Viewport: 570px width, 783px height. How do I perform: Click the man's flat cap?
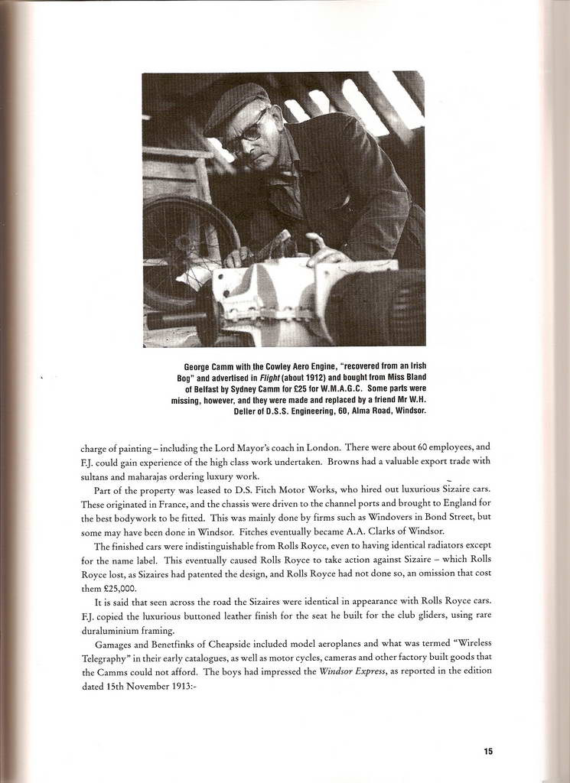point(237,105)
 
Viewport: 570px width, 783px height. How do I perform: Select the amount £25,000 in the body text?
point(119,589)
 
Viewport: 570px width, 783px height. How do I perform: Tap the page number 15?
point(488,752)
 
